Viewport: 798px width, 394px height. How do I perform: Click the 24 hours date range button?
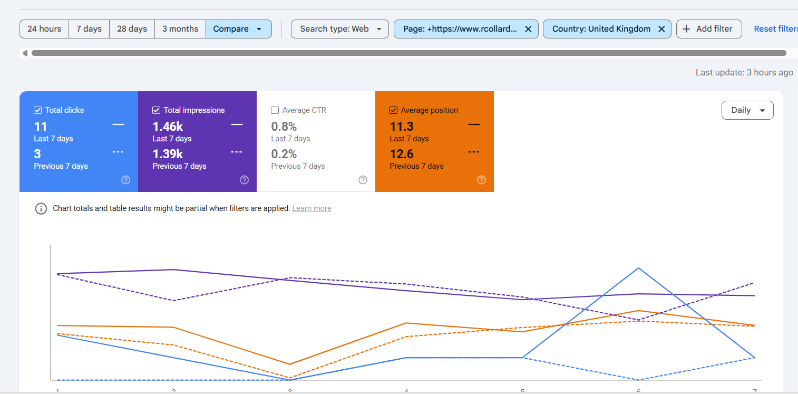tap(44, 29)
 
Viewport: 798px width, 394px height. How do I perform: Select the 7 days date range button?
tap(89, 29)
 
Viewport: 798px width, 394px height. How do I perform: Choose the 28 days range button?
tap(132, 29)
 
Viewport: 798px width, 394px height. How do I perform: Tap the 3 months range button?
tap(180, 29)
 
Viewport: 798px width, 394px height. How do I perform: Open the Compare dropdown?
tap(238, 29)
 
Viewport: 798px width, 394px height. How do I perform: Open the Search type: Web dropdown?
tap(340, 29)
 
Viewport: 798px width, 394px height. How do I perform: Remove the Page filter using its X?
tap(528, 29)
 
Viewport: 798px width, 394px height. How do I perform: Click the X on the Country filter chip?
tap(661, 29)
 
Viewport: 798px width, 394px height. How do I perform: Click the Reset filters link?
tap(775, 29)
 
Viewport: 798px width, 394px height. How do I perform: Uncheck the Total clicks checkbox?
tap(38, 110)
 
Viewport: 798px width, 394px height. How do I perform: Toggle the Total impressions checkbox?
tap(157, 110)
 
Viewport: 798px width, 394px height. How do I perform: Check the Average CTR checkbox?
tap(275, 110)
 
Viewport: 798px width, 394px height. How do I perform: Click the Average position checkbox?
tap(393, 110)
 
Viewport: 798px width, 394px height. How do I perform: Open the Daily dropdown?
tap(747, 110)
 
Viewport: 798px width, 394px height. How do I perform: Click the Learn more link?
tap(312, 208)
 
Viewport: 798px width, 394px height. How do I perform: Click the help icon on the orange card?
tap(481, 180)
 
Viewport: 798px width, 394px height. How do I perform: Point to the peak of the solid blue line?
tap(639, 268)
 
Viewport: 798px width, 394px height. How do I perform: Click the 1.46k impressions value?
tap(168, 127)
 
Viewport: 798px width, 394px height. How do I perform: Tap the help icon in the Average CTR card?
tap(363, 180)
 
